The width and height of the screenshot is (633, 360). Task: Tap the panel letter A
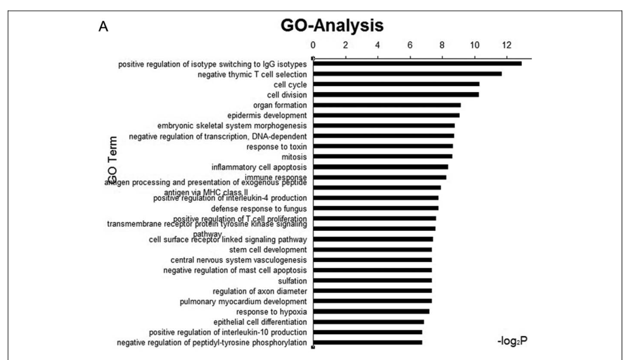point(103,28)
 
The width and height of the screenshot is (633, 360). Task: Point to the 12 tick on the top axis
point(507,45)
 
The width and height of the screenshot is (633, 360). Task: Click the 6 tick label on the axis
point(410,45)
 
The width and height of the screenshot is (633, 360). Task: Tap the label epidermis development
point(267,115)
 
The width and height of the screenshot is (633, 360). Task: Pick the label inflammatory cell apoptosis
point(259,167)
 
